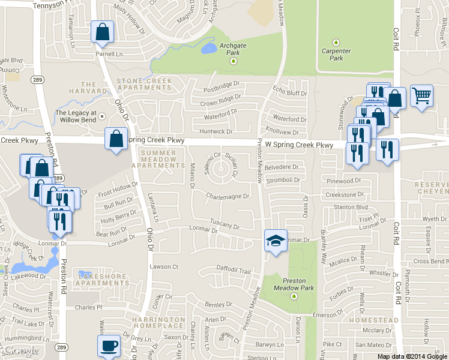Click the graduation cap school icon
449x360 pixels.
pos(276,241)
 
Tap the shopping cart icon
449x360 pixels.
pos(422,95)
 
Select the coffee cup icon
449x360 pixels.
pos(109,346)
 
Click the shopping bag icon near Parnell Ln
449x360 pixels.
pos(102,31)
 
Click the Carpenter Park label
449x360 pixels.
pos(336,55)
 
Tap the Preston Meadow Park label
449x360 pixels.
pos(294,284)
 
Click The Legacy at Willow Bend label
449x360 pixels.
pos(76,116)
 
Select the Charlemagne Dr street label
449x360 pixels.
pos(227,196)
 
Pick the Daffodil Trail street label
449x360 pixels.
pos(232,271)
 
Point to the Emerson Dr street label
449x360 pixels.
pos(327,315)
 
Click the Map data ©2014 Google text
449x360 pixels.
pos(412,356)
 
